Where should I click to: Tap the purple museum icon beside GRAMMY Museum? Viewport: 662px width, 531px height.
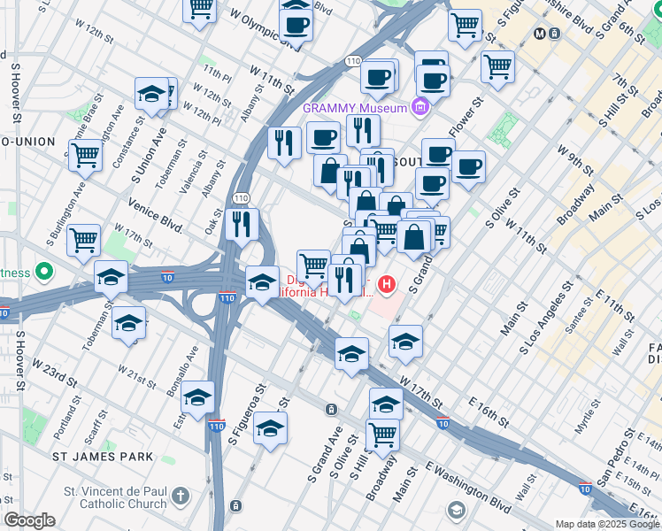(420, 108)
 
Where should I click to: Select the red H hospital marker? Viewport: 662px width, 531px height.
(387, 285)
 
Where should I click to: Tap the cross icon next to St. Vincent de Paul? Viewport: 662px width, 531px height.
(181, 496)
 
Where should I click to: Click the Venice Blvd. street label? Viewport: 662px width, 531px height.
(155, 216)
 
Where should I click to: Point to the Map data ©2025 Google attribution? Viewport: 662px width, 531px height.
(606, 524)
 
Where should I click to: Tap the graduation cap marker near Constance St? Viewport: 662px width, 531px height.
(151, 94)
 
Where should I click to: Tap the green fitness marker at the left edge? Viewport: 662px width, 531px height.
(44, 272)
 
